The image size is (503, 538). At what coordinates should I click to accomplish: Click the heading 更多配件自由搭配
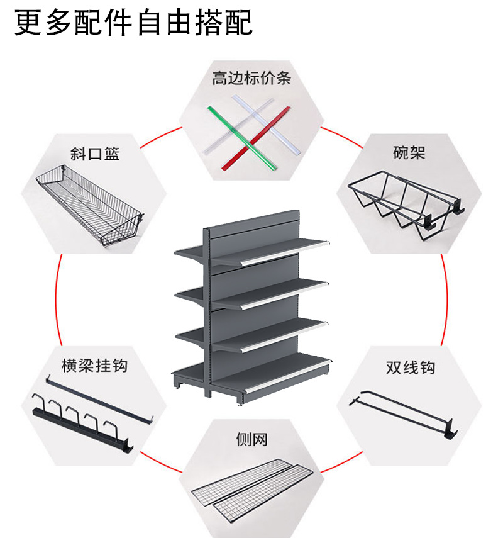pyautogui.click(x=133, y=24)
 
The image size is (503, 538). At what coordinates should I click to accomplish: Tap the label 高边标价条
pyautogui.click(x=251, y=79)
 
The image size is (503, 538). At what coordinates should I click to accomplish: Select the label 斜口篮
pyautogui.click(x=94, y=154)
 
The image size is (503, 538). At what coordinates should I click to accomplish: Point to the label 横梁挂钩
pyautogui.click(x=94, y=365)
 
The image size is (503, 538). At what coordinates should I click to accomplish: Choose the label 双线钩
pyautogui.click(x=410, y=367)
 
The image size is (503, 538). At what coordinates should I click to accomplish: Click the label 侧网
pyautogui.click(x=251, y=439)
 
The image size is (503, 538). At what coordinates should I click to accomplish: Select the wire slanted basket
pyautogui.click(x=88, y=205)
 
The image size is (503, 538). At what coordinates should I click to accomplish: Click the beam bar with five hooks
pyautogui.click(x=82, y=428)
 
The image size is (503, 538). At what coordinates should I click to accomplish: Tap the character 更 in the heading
pyautogui.click(x=28, y=24)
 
